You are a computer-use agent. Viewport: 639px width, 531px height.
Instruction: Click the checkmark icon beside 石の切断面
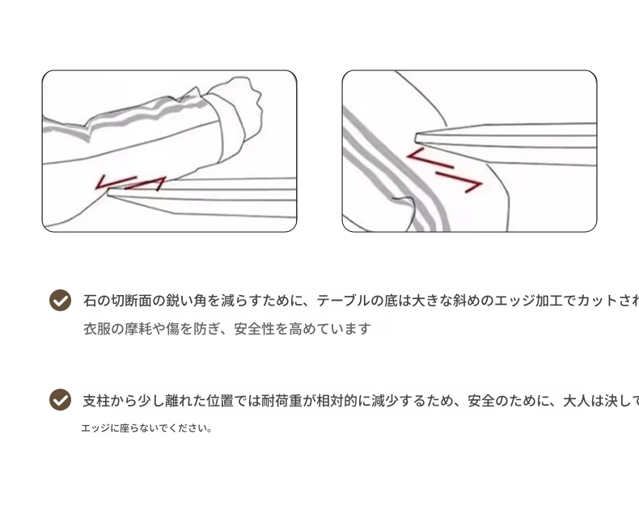[61, 301]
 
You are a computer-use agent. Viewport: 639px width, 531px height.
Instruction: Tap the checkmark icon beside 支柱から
[61, 399]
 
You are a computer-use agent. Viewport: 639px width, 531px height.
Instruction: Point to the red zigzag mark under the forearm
[130, 183]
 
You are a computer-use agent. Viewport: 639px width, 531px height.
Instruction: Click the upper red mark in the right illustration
[430, 158]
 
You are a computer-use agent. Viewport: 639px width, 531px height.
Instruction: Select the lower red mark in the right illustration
[459, 181]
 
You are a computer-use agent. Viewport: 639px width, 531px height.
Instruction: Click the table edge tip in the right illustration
[417, 138]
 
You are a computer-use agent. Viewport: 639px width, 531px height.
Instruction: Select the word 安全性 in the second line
[254, 329]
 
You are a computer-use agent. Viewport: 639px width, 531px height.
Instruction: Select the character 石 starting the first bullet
[90, 301]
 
